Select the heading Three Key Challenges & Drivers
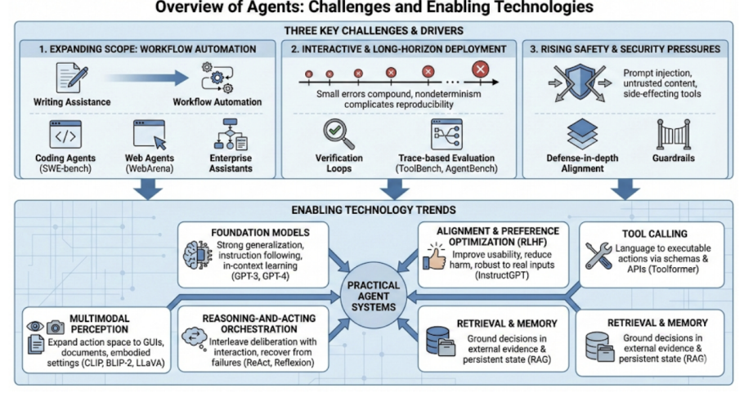click(x=373, y=30)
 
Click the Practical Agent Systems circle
click(x=373, y=297)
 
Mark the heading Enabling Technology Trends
click(x=373, y=210)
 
